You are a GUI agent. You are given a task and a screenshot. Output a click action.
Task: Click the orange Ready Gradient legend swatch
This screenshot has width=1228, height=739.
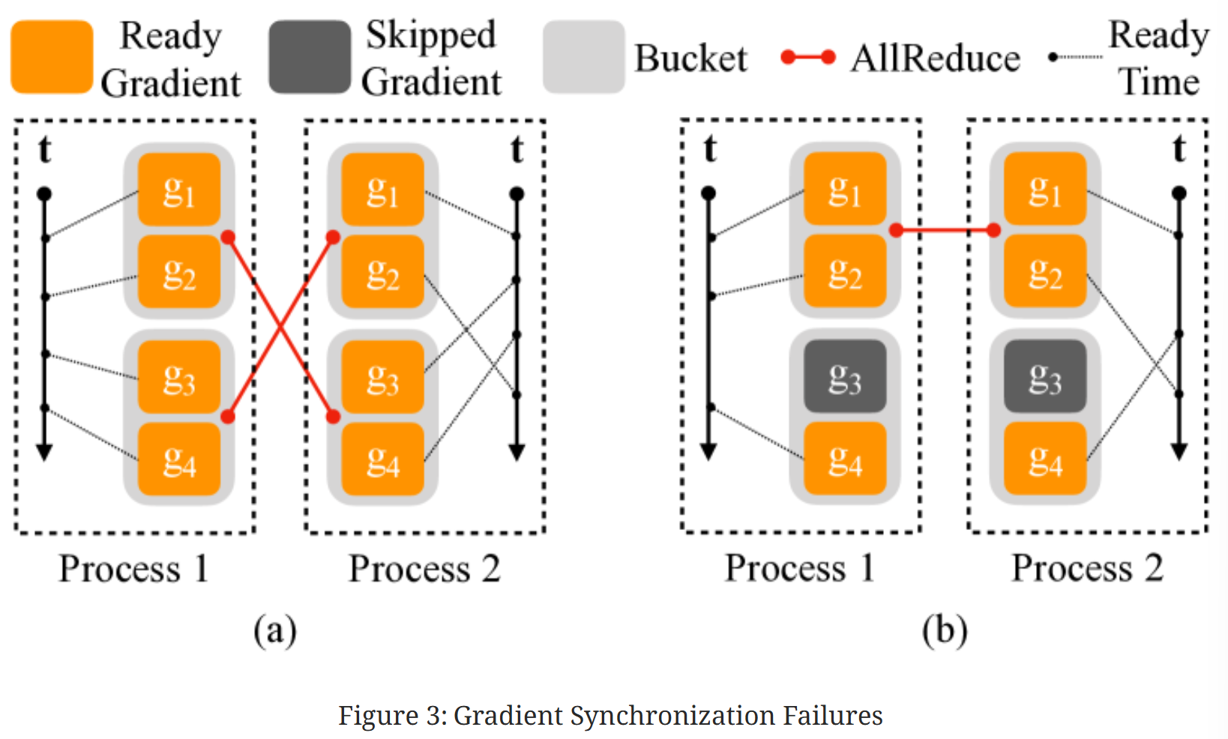click(x=52, y=57)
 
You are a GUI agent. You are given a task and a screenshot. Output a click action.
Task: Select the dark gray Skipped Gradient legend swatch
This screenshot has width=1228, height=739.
click(x=310, y=57)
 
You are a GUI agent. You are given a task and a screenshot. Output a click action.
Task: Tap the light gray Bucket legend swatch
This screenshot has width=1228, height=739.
click(x=583, y=57)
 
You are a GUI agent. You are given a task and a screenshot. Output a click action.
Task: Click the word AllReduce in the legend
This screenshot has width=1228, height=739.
click(x=935, y=58)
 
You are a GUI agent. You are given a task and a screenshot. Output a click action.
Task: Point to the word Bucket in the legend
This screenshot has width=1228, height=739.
click(x=690, y=58)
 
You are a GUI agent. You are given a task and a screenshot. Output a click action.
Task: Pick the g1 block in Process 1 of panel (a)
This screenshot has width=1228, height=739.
click(x=179, y=190)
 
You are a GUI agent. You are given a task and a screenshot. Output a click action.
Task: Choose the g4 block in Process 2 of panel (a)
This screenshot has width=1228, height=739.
click(x=382, y=459)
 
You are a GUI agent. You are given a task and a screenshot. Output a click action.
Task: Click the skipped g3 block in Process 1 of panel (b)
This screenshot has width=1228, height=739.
click(x=845, y=376)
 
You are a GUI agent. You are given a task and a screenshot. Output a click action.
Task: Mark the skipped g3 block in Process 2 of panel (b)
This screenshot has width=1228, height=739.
click(x=1045, y=376)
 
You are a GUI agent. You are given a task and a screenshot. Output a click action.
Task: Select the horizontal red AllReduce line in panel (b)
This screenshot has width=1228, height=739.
click(x=945, y=231)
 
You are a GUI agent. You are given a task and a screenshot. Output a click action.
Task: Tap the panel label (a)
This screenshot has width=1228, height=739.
click(x=275, y=630)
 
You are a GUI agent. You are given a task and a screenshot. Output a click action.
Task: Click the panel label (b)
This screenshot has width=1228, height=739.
click(x=945, y=630)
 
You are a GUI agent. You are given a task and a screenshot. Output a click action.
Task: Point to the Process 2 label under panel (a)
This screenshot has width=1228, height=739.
click(x=424, y=569)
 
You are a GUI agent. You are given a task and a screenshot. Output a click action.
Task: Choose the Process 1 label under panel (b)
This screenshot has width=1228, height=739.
click(x=799, y=568)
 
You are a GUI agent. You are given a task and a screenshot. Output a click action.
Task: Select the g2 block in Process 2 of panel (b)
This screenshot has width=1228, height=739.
click(x=1045, y=271)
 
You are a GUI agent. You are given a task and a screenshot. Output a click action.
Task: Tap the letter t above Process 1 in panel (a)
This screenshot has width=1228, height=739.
click(x=45, y=149)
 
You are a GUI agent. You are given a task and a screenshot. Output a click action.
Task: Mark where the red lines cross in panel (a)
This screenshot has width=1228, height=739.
click(x=281, y=327)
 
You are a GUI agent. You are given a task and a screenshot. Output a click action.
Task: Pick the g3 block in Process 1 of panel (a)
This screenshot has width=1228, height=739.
click(x=179, y=377)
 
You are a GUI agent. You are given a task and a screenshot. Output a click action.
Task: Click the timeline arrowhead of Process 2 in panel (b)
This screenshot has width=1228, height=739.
click(x=1179, y=451)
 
